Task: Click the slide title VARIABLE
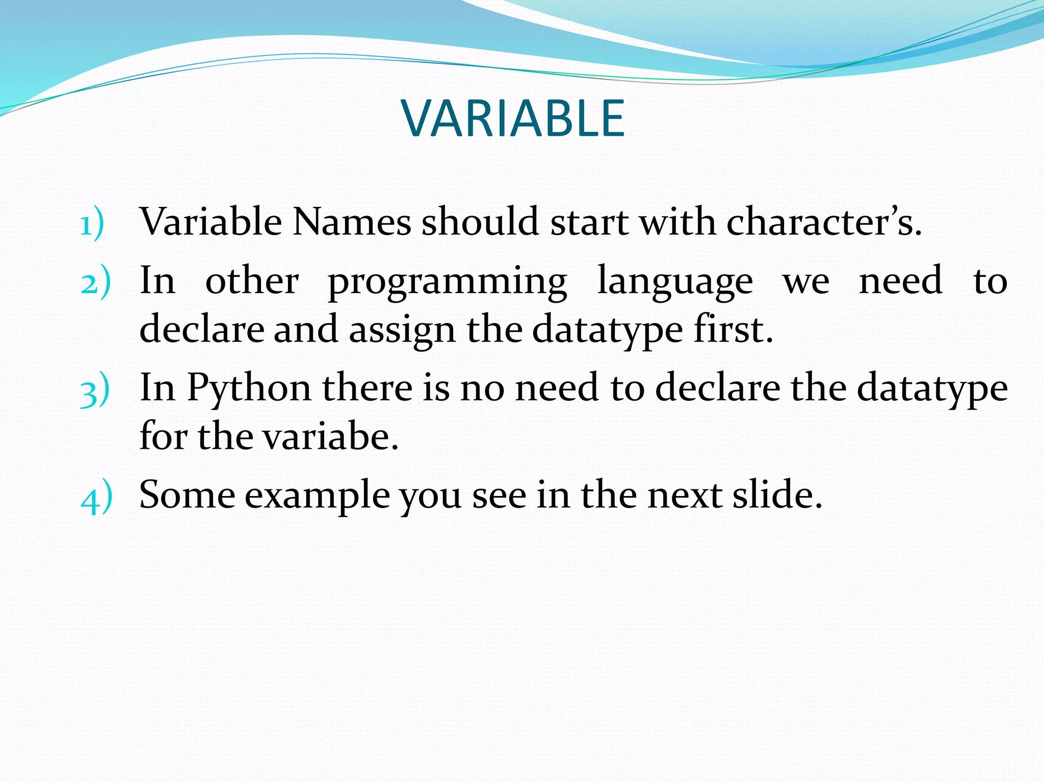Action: coord(513,118)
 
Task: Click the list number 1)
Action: coord(92,224)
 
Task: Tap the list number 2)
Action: coord(95,282)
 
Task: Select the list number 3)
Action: coord(95,390)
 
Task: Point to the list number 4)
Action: coord(96,497)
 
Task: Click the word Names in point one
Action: coord(351,222)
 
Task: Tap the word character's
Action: coord(823,222)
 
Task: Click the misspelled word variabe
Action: coord(331,437)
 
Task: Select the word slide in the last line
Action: coord(777,495)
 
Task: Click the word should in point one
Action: coord(480,222)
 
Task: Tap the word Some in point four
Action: coord(187,495)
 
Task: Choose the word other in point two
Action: coord(252,281)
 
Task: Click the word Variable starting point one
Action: coord(211,222)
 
